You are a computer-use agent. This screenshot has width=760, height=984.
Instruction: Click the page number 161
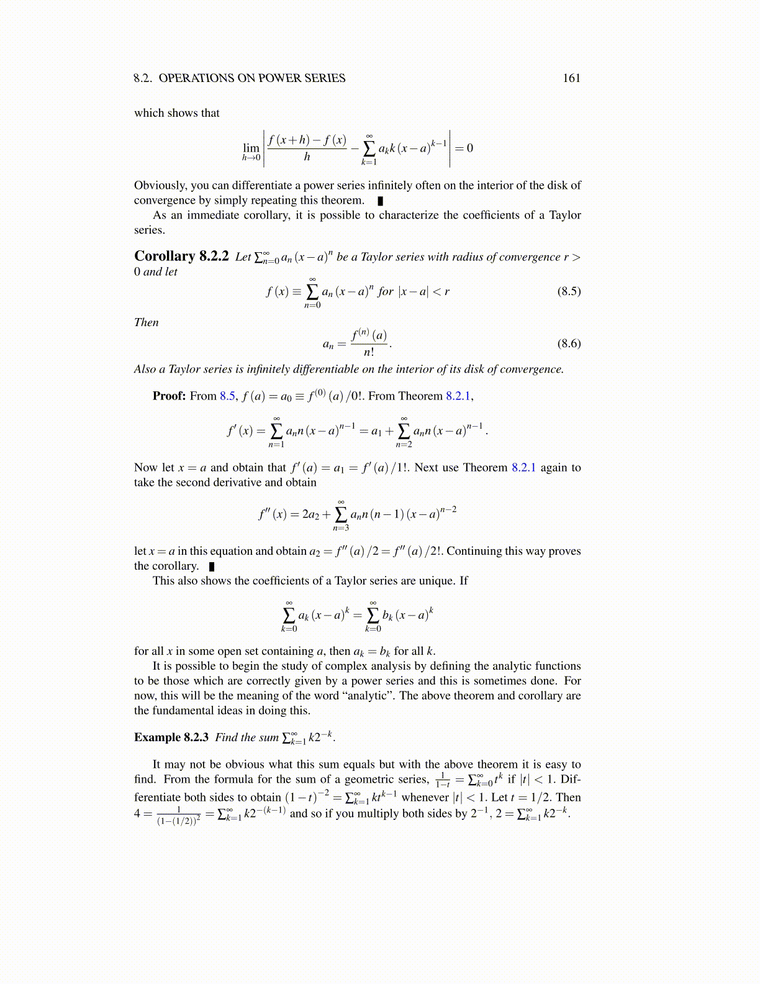point(571,78)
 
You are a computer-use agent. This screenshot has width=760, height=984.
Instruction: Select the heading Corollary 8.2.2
point(181,257)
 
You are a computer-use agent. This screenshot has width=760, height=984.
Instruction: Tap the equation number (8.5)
point(569,291)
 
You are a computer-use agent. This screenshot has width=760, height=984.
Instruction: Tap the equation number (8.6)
point(569,344)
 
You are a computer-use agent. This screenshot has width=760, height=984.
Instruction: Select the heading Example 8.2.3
point(171,737)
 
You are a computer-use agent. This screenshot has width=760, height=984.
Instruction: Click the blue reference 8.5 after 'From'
point(227,396)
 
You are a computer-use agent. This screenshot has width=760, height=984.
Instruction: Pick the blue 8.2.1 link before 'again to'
point(523,468)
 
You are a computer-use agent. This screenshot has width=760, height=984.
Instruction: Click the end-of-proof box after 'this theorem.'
point(380,201)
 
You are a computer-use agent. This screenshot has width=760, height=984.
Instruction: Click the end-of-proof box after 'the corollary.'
point(212,567)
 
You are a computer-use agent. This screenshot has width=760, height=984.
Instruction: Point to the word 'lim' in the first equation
point(251,148)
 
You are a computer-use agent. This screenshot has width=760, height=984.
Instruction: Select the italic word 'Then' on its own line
point(147,322)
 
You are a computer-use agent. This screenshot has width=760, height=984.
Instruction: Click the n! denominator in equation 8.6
point(369,352)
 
